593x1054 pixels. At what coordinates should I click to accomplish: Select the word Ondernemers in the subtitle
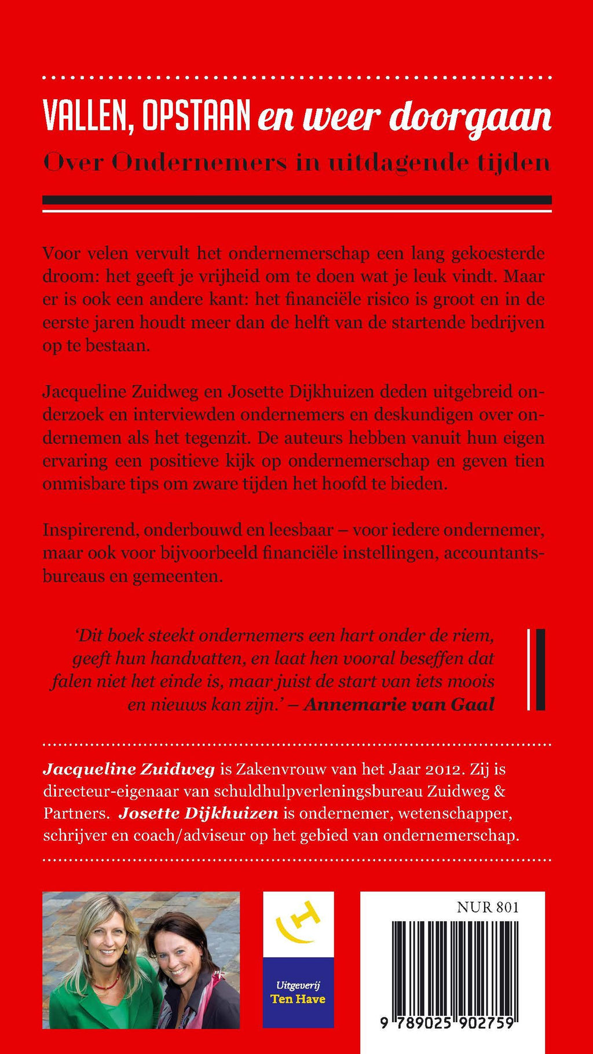point(199,163)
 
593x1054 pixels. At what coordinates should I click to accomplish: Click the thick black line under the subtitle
point(296,200)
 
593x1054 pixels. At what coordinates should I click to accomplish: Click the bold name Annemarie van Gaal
point(399,704)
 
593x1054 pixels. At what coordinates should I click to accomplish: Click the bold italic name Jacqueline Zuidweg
point(129,769)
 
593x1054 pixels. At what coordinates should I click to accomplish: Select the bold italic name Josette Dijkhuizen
point(198,813)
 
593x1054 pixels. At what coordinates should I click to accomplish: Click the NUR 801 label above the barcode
point(488,907)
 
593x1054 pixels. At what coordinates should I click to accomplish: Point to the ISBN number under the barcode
point(447,1023)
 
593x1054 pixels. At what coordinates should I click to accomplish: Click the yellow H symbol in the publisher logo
point(298,922)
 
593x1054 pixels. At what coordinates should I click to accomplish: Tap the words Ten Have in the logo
point(298,998)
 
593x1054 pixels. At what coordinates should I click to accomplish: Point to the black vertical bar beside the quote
point(540,669)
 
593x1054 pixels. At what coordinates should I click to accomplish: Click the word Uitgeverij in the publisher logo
point(298,984)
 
